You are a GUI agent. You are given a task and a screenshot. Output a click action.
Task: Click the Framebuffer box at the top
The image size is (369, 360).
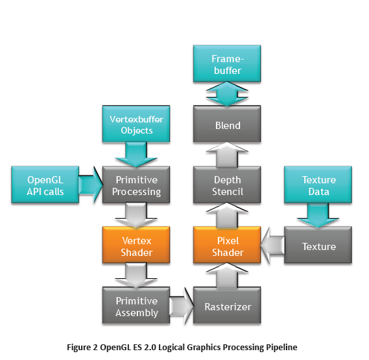tap(227, 64)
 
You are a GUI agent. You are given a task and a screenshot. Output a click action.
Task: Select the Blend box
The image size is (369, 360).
tap(227, 125)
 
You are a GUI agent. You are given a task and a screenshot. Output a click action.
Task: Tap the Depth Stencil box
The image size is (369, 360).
tap(227, 185)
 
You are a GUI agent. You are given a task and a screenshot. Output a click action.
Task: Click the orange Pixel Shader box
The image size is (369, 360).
tap(227, 246)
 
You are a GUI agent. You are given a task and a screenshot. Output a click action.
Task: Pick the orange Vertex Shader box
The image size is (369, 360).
tap(137, 246)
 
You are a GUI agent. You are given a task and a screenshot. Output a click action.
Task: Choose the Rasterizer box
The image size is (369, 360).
tap(227, 306)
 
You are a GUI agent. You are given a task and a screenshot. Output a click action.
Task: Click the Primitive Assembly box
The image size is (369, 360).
tap(137, 306)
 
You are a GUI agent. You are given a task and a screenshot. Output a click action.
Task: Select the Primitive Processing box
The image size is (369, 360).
tap(137, 186)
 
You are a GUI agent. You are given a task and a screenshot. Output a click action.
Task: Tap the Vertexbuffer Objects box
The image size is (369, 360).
tap(137, 125)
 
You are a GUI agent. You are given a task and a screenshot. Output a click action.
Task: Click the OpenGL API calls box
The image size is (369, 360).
tap(45, 186)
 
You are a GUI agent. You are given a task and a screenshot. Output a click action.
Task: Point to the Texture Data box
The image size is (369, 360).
tap(319, 185)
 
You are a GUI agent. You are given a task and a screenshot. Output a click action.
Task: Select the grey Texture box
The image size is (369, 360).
tap(319, 246)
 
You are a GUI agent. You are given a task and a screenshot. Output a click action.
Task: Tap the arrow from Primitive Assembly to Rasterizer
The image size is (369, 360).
tap(182, 306)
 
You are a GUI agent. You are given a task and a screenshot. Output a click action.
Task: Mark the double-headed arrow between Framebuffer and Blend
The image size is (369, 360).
tap(227, 95)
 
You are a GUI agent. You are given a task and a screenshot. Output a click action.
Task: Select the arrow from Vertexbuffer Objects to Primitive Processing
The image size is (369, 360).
tap(137, 154)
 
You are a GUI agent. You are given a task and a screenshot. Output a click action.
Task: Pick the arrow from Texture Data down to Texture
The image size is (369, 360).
tap(319, 215)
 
